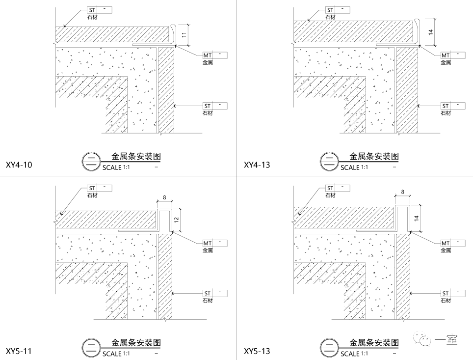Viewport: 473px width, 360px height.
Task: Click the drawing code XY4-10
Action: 19,165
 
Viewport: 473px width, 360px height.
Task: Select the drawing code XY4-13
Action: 257,165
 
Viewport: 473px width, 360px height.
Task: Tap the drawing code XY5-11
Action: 19,351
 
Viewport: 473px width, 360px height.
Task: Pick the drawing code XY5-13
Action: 257,351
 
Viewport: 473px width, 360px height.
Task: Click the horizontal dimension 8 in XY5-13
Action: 402,192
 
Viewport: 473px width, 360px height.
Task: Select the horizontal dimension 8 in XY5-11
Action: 164,197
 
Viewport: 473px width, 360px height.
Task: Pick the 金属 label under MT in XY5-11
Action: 208,250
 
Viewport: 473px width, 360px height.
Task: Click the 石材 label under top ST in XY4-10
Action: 92,17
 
